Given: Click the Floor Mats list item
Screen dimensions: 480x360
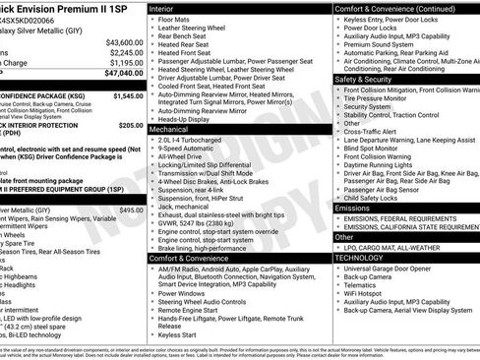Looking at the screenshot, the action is [174, 19].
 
